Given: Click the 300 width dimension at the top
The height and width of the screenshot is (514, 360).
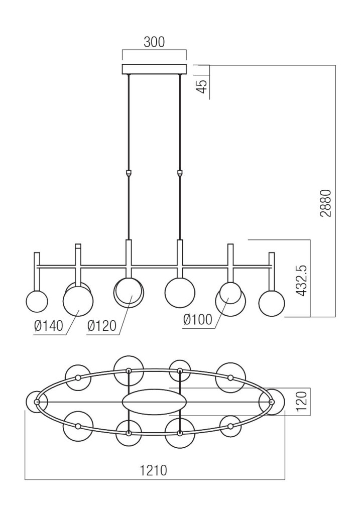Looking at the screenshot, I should [154, 42].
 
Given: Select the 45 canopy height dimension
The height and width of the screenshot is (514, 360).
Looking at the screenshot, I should [202, 86].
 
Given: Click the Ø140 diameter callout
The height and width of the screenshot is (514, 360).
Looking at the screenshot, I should [49, 326].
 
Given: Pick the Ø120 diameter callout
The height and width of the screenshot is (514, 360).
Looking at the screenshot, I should [101, 326].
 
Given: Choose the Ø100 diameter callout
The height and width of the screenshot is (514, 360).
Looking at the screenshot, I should [198, 320].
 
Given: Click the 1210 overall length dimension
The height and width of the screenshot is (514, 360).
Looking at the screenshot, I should [153, 471].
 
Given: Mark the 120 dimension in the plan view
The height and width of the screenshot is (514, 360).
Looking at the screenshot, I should [301, 402].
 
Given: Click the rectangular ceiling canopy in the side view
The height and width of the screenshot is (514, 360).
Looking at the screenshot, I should [154, 69].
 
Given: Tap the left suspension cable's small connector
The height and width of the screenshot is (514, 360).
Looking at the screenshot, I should [129, 173].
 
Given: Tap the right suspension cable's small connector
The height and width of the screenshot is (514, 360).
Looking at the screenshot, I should [180, 173].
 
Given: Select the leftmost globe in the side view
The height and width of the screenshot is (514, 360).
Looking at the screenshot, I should [37, 302].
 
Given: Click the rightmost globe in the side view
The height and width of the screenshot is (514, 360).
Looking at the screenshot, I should [272, 304].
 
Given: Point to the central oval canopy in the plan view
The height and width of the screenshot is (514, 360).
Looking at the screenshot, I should [155, 402].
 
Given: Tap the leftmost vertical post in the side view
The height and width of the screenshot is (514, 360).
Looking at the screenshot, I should [37, 271].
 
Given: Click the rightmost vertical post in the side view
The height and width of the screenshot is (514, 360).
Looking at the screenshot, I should [272, 271].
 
